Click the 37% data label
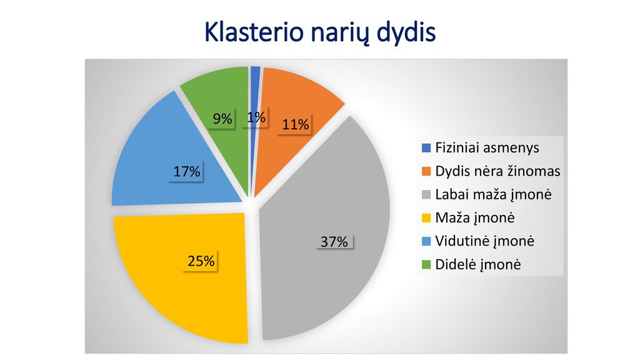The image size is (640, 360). coord(334,242)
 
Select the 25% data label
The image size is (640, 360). coord(201,261)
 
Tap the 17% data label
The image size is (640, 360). coord(186,171)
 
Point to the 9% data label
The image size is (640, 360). coord(222,118)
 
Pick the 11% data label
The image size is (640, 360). coord(295,124)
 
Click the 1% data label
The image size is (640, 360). coord(256,117)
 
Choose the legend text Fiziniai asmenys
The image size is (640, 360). coord(487,147)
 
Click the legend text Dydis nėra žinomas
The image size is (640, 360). coord(497,171)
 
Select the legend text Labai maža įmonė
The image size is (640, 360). coord(493,194)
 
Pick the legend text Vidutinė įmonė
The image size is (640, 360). coord(484,241)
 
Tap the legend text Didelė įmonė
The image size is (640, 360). coord(478,264)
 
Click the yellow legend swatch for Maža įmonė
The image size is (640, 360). coord(426,218)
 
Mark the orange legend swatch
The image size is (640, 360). coord(426,171)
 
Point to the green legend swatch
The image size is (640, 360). coord(426,265)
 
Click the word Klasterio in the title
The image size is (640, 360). coord(254,32)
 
